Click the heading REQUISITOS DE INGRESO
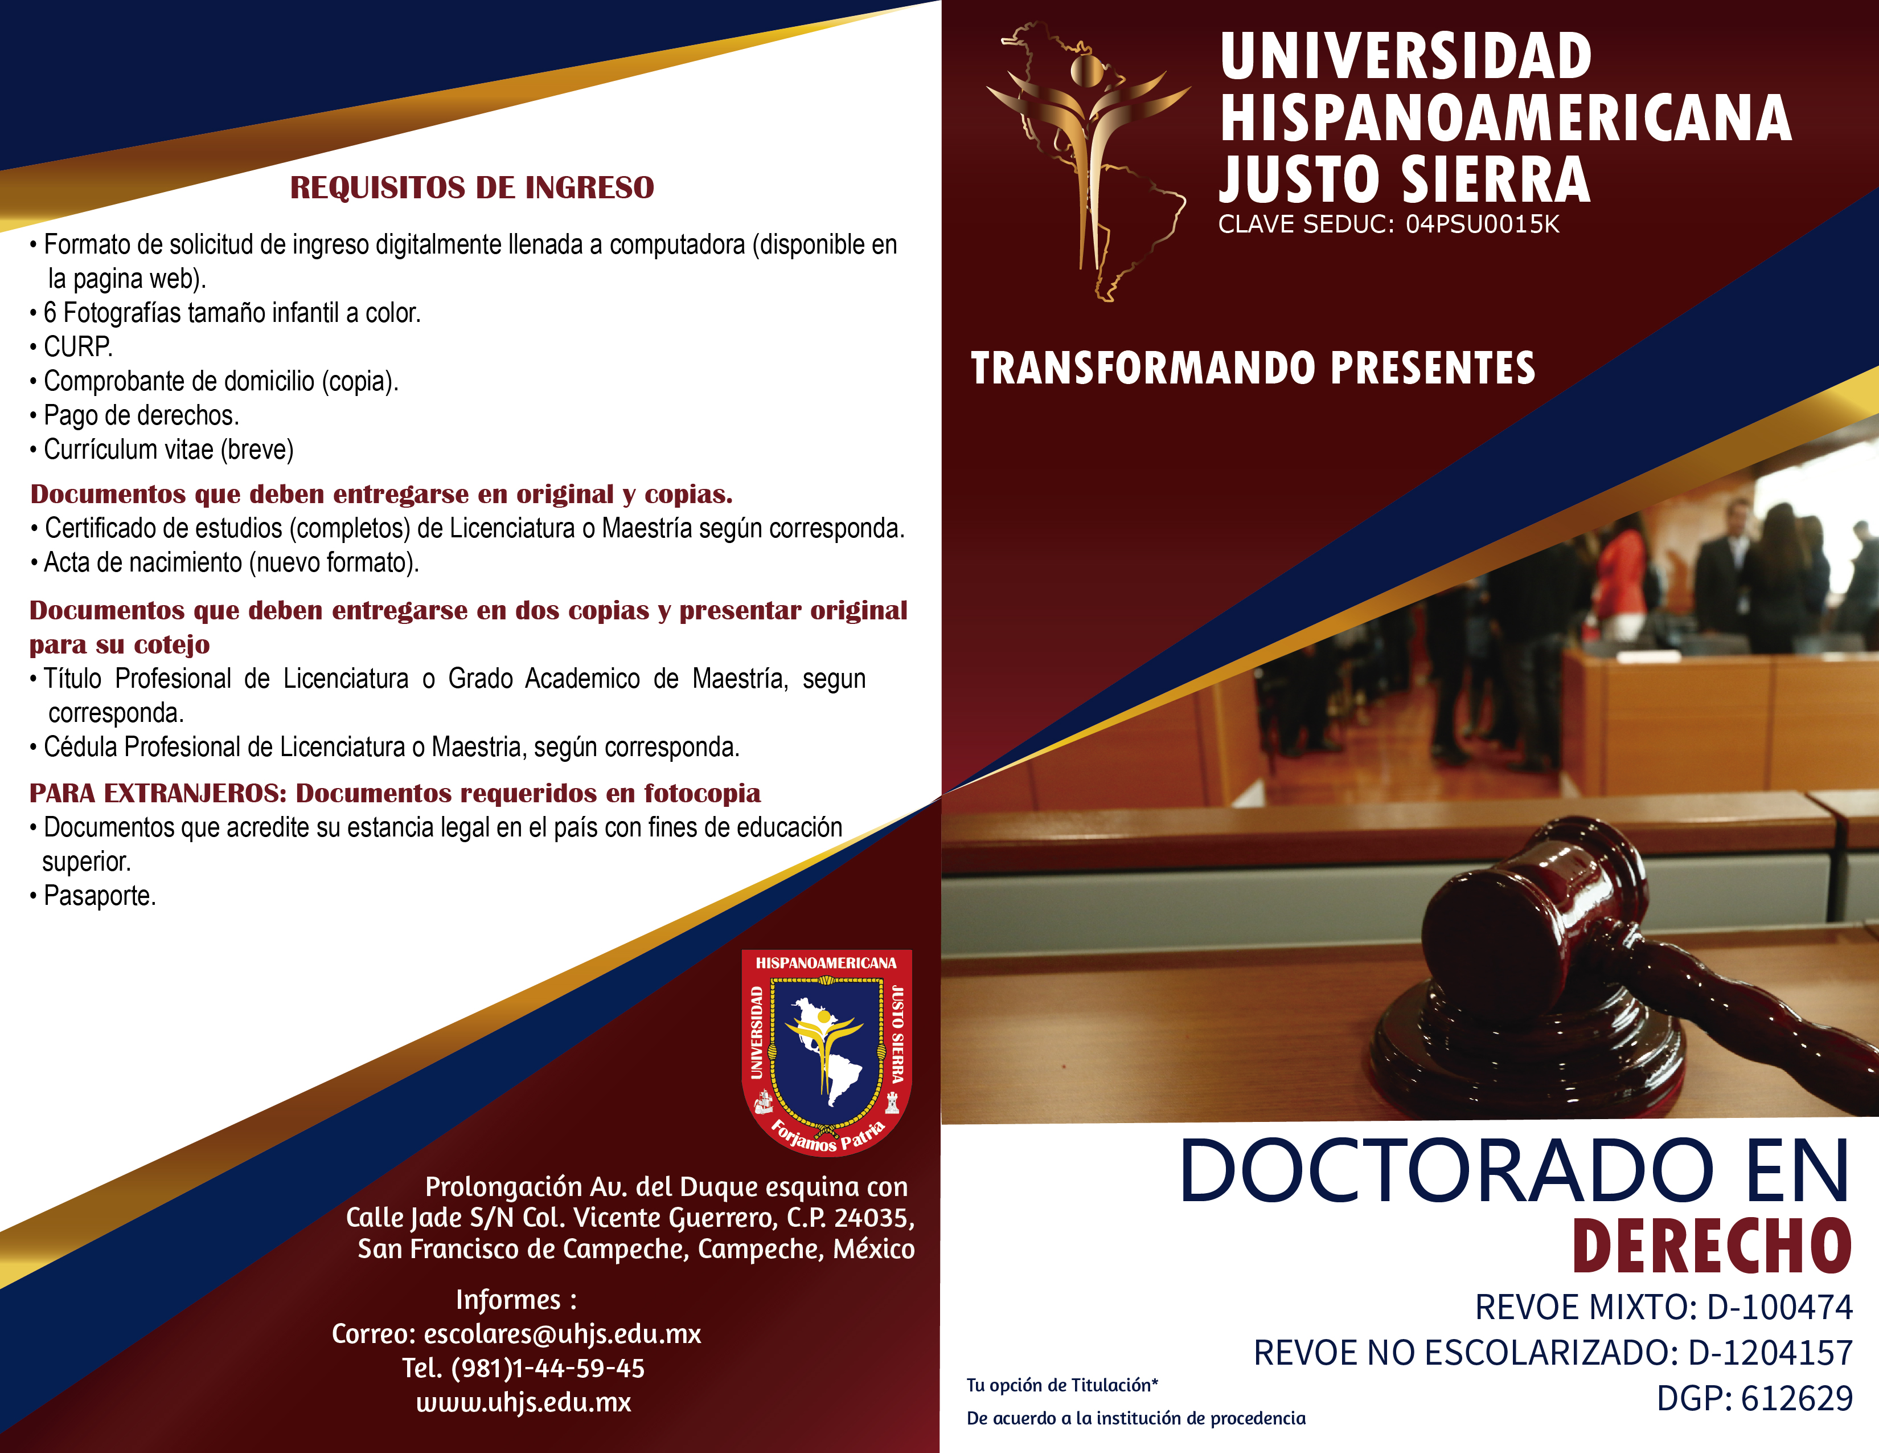tap(471, 187)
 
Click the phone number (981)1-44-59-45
tap(547, 1368)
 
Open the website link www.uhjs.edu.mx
tap(524, 1402)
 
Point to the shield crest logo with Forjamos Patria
tap(827, 1052)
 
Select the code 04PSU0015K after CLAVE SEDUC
tap(1482, 225)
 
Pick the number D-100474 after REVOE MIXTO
tap(1779, 1307)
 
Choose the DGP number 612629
tap(1796, 1398)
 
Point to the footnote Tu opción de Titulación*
tap(1062, 1385)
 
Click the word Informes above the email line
tap(508, 1300)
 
